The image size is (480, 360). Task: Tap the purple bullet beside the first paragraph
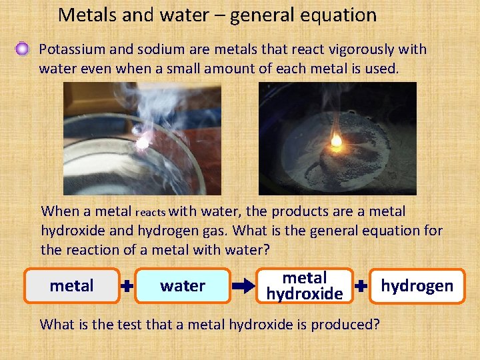pos(23,49)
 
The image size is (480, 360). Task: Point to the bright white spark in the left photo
pos(141,140)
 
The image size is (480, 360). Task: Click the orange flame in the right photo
pos(337,141)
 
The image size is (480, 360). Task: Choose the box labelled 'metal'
pos(72,286)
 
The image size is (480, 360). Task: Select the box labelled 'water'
pos(182,286)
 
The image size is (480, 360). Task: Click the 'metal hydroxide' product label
pos(304,286)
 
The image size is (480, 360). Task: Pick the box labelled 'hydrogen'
pos(417,286)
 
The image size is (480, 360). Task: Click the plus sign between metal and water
pos(127,287)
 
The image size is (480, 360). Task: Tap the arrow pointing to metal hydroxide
pos(244,287)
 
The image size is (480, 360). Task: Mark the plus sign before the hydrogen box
pos(361,287)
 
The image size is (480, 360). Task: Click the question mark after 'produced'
pos(377,325)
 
